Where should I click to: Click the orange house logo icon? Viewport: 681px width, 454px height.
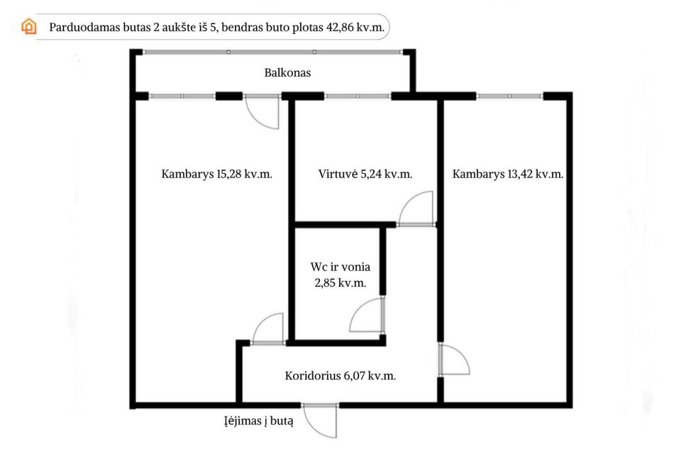click(28, 26)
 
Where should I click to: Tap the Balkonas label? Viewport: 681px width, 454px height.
click(287, 72)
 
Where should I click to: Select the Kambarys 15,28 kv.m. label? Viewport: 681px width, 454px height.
click(217, 175)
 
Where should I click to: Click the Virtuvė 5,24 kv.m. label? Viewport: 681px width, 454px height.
click(365, 175)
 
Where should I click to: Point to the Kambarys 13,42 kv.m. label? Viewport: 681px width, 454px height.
click(508, 175)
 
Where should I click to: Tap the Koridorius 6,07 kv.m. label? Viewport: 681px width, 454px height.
click(340, 376)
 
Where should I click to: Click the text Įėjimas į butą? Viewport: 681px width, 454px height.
click(259, 421)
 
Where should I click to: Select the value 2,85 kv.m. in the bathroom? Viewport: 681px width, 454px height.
click(340, 283)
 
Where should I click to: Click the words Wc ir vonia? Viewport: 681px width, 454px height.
click(340, 267)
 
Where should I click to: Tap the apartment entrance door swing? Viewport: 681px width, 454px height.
click(320, 421)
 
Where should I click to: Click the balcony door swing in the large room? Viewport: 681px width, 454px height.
click(262, 112)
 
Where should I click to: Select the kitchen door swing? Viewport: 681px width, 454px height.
click(416, 209)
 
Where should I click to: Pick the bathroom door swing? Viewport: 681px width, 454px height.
click(367, 314)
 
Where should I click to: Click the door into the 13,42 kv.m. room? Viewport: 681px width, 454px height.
click(454, 359)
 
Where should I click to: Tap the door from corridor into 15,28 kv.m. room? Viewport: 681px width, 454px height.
click(268, 329)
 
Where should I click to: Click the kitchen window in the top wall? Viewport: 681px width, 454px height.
click(358, 96)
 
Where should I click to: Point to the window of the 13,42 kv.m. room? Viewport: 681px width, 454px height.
click(509, 96)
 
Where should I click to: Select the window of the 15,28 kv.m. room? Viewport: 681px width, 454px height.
click(182, 96)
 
